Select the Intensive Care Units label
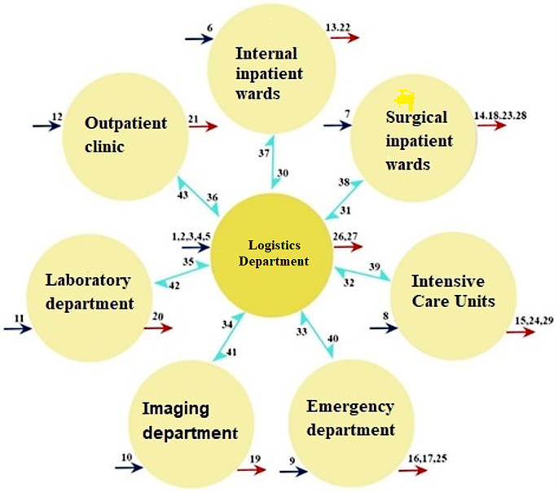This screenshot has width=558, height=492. point(453,291)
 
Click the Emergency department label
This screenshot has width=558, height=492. point(350,418)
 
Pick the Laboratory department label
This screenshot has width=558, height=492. point(89,292)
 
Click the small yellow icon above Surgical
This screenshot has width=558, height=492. point(405,99)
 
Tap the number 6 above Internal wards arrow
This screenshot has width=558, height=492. point(210,29)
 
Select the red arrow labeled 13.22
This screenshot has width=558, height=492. point(345,38)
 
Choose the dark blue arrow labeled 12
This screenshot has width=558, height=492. point(46,126)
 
